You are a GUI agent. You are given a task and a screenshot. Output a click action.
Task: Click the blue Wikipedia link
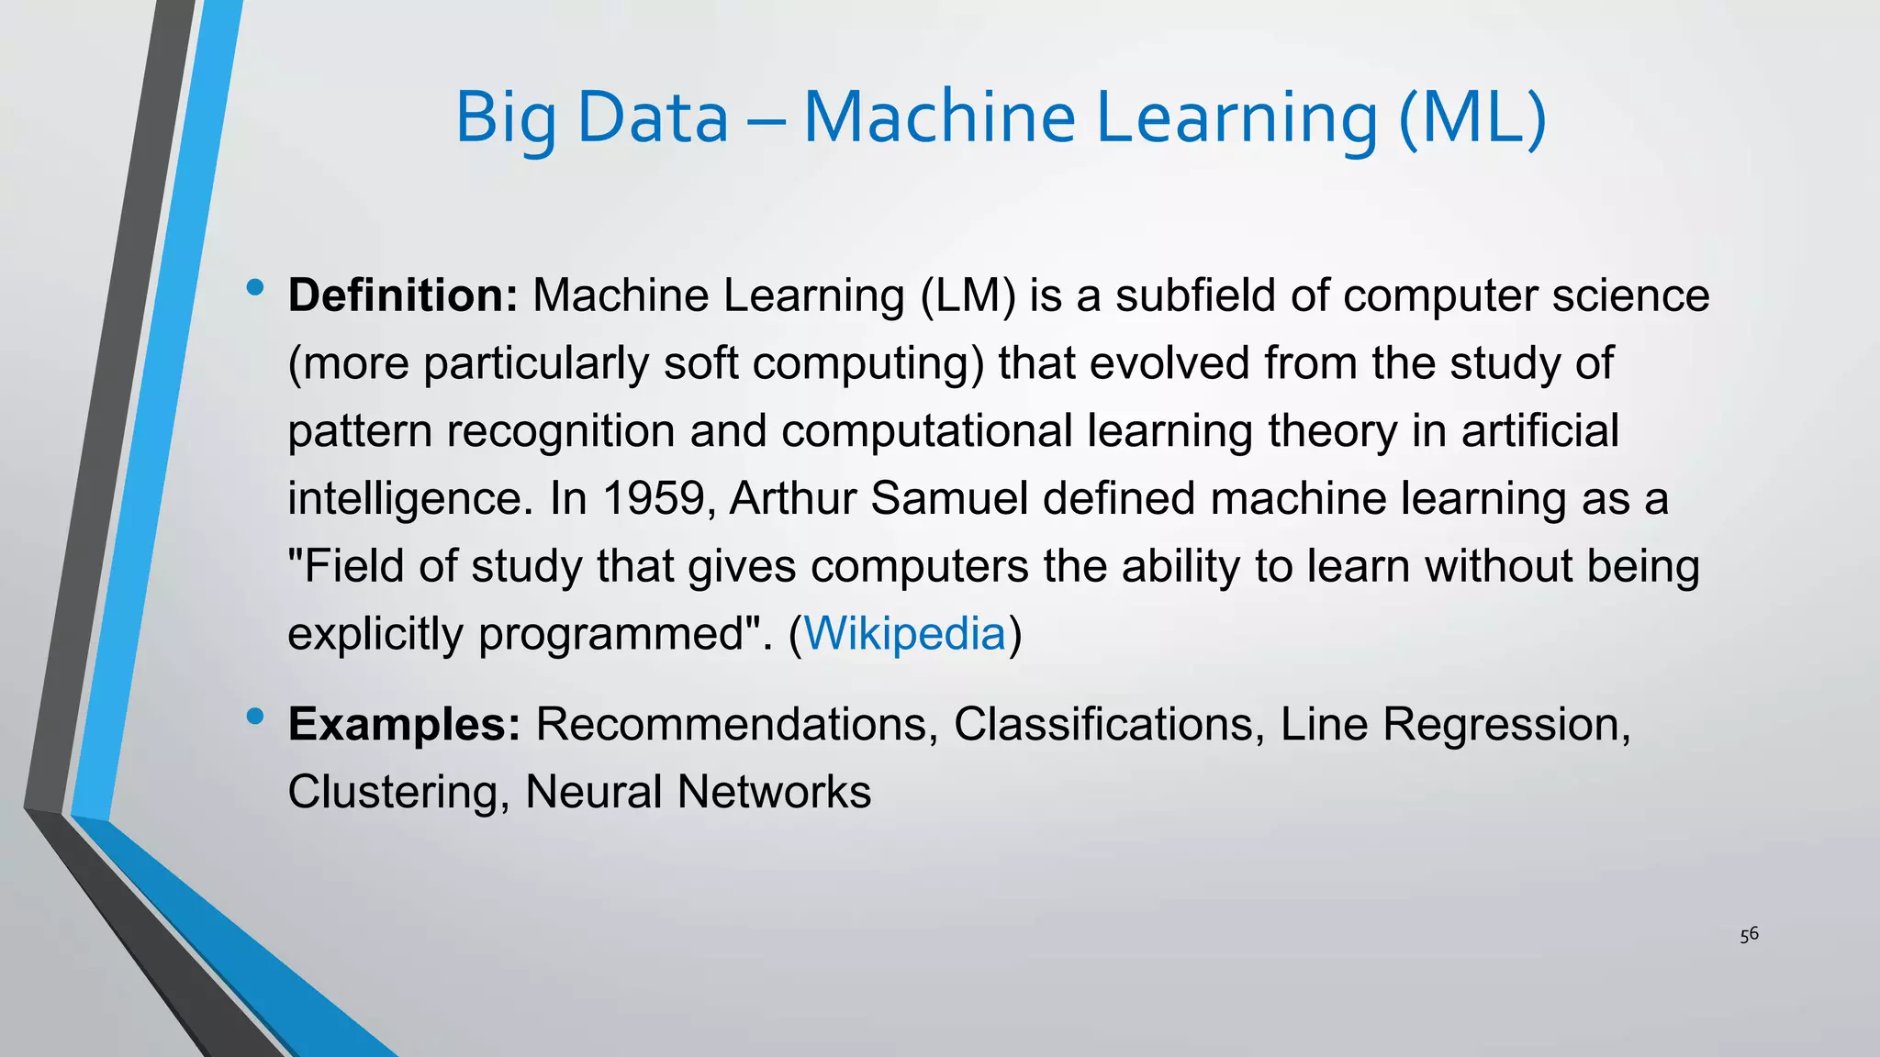[x=904, y=633]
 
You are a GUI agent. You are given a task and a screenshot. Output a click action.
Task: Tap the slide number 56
[x=1749, y=935]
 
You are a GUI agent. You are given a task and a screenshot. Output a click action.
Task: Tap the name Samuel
[x=949, y=498]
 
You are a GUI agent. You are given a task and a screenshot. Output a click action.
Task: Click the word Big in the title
[x=506, y=119]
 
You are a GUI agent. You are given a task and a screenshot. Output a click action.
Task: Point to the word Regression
[x=1505, y=724]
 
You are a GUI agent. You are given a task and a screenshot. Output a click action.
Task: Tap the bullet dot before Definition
[x=255, y=288]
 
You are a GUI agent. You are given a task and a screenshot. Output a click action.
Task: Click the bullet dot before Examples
[x=255, y=716]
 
